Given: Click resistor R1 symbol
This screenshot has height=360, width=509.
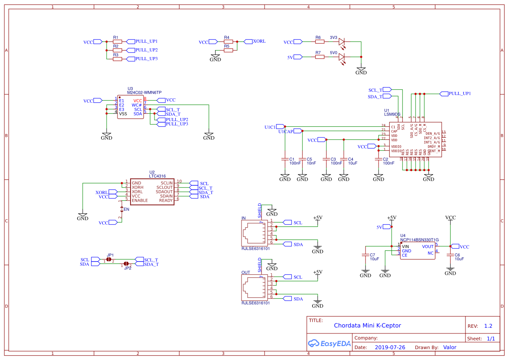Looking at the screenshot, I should [x=117, y=42].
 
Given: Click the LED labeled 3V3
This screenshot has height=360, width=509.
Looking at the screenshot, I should [x=342, y=42].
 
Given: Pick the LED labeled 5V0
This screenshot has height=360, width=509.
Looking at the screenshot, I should [x=342, y=57].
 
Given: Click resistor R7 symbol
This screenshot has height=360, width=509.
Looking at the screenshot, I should [x=318, y=57].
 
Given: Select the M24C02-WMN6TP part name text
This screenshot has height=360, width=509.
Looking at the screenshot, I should [x=144, y=93].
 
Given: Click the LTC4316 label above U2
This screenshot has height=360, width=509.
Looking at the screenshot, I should [x=157, y=176].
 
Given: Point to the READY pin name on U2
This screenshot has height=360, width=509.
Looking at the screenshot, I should [x=166, y=200].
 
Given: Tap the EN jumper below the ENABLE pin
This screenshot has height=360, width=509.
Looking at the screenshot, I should [x=122, y=209].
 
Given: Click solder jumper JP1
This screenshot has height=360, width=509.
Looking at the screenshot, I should [x=109, y=259].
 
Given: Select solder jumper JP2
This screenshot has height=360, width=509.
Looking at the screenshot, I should [x=126, y=264].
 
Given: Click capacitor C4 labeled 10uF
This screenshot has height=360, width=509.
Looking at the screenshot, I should [x=344, y=159].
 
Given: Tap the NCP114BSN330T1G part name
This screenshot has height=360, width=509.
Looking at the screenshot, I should [x=420, y=240].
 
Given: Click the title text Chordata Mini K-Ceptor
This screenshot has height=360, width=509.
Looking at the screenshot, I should [x=367, y=325].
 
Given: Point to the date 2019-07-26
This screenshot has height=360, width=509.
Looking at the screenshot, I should [x=390, y=347].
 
